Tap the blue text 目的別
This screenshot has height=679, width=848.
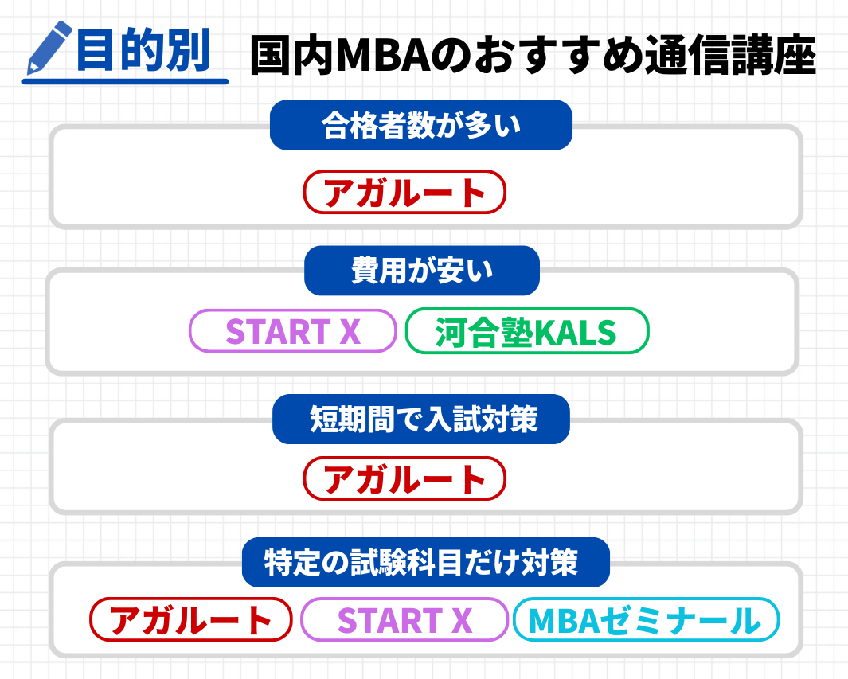[x=143, y=50]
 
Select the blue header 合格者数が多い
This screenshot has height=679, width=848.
[x=421, y=125]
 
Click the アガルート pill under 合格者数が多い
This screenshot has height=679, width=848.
[x=404, y=192]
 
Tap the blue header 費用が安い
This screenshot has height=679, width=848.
[x=422, y=271]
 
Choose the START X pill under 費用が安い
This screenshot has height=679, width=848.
[x=293, y=330]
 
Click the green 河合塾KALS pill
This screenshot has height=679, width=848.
[x=526, y=330]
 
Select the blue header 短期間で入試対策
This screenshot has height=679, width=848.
[x=421, y=419]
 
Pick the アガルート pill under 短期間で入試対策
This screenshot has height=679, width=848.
[x=404, y=478]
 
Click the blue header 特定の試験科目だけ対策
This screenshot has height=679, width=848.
[x=425, y=562]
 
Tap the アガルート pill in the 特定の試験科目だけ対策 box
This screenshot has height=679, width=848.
[x=191, y=619]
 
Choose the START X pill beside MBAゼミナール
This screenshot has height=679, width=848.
[x=404, y=619]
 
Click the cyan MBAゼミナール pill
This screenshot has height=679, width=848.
[x=645, y=619]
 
